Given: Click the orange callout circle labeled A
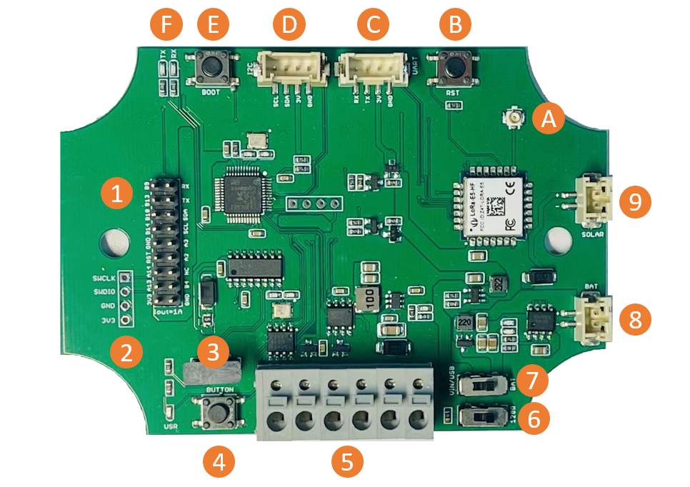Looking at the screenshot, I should tap(548, 119).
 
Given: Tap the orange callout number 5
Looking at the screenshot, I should tap(347, 461).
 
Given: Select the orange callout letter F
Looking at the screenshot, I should tap(166, 26).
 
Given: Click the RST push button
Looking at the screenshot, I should tap(454, 67).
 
